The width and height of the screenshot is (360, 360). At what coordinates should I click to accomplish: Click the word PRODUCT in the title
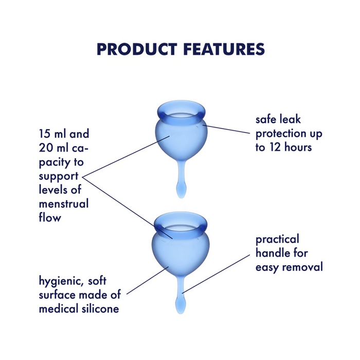(135, 49)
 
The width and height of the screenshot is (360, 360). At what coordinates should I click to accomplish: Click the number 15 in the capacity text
(46, 134)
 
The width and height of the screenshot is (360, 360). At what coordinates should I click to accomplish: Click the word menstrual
(64, 204)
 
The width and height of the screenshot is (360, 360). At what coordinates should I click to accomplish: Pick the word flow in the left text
(50, 218)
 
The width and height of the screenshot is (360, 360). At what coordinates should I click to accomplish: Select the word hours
(300, 148)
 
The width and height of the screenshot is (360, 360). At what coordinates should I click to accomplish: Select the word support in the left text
(58, 176)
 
